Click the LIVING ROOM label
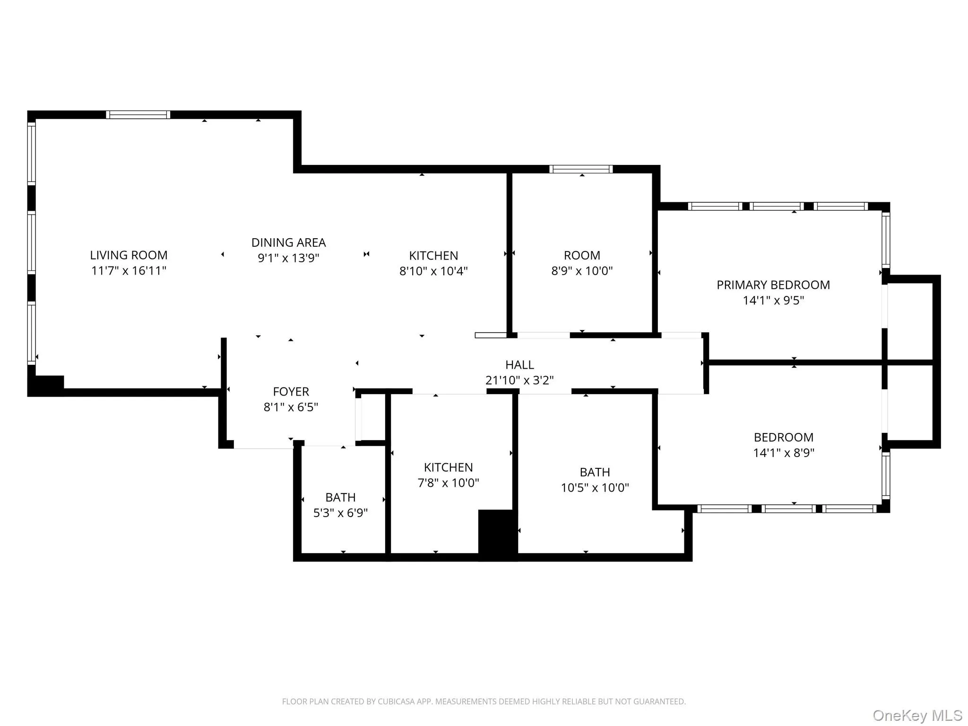pos(129,255)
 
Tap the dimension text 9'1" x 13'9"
pos(288,258)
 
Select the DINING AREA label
pos(288,242)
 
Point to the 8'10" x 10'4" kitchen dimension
pos(433,271)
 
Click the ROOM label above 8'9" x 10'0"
pos(582,255)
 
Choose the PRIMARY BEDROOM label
pos(773,285)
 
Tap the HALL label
pos(519,365)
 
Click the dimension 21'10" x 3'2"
pos(519,380)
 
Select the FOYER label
pos(291,392)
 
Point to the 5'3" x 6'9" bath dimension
pos(340,513)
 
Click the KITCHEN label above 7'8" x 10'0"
pos(448,467)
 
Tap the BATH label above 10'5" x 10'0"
pos(595,472)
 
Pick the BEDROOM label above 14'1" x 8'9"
pos(783,437)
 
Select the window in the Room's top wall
pos(581,169)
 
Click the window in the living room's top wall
pos(138,115)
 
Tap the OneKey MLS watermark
pos(917,716)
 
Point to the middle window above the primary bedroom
pos(776,207)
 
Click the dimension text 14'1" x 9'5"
pos(773,301)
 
